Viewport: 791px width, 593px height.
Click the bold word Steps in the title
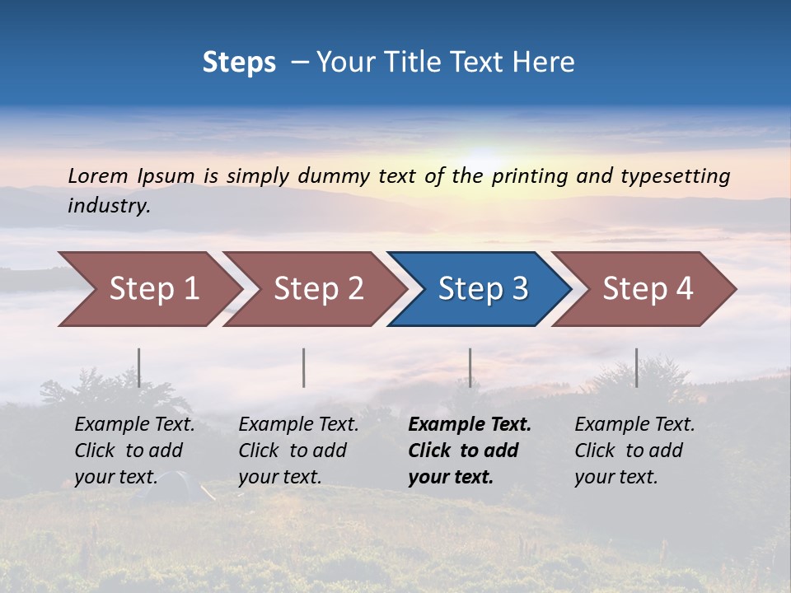click(x=239, y=63)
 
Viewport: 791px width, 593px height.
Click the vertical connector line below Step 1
click(x=139, y=367)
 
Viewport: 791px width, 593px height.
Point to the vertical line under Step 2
click(x=304, y=367)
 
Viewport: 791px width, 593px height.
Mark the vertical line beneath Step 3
click(x=470, y=367)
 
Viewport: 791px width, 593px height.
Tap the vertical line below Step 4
click(x=636, y=367)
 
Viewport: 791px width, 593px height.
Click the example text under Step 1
click(x=134, y=451)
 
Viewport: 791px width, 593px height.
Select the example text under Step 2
click(x=298, y=451)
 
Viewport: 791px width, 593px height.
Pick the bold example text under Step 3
click(x=469, y=451)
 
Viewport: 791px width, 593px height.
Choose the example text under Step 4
click(x=634, y=451)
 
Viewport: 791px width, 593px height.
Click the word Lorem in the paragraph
click(x=98, y=176)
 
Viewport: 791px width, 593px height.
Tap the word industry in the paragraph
click(x=108, y=206)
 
